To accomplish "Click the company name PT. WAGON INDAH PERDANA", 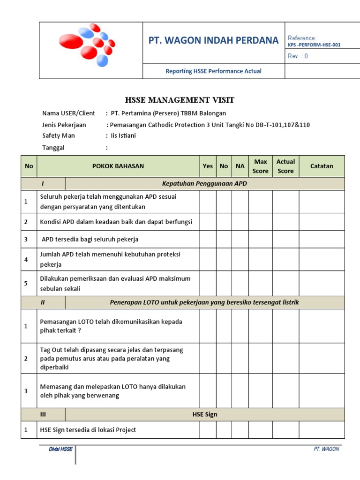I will (213, 40).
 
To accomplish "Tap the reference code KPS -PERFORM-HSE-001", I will (314, 45).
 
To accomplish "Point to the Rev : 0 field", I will (298, 56).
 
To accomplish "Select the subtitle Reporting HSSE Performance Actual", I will (213, 71).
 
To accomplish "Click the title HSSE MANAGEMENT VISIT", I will (180, 100).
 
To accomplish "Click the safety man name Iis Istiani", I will (124, 135).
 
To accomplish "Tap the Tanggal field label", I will (53, 148).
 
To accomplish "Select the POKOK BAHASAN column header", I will (118, 166).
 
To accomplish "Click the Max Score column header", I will (260, 166).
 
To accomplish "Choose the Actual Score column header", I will (285, 166).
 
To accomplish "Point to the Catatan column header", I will (322, 166).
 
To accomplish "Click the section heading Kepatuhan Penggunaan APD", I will (204, 184).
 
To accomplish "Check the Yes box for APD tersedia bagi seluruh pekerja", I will (208, 239).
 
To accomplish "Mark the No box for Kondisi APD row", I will (224, 222).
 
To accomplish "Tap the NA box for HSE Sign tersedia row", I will (240, 430).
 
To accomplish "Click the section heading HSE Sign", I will (204, 414).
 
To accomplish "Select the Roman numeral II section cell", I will (43, 302).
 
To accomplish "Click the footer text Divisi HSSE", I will (61, 449).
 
